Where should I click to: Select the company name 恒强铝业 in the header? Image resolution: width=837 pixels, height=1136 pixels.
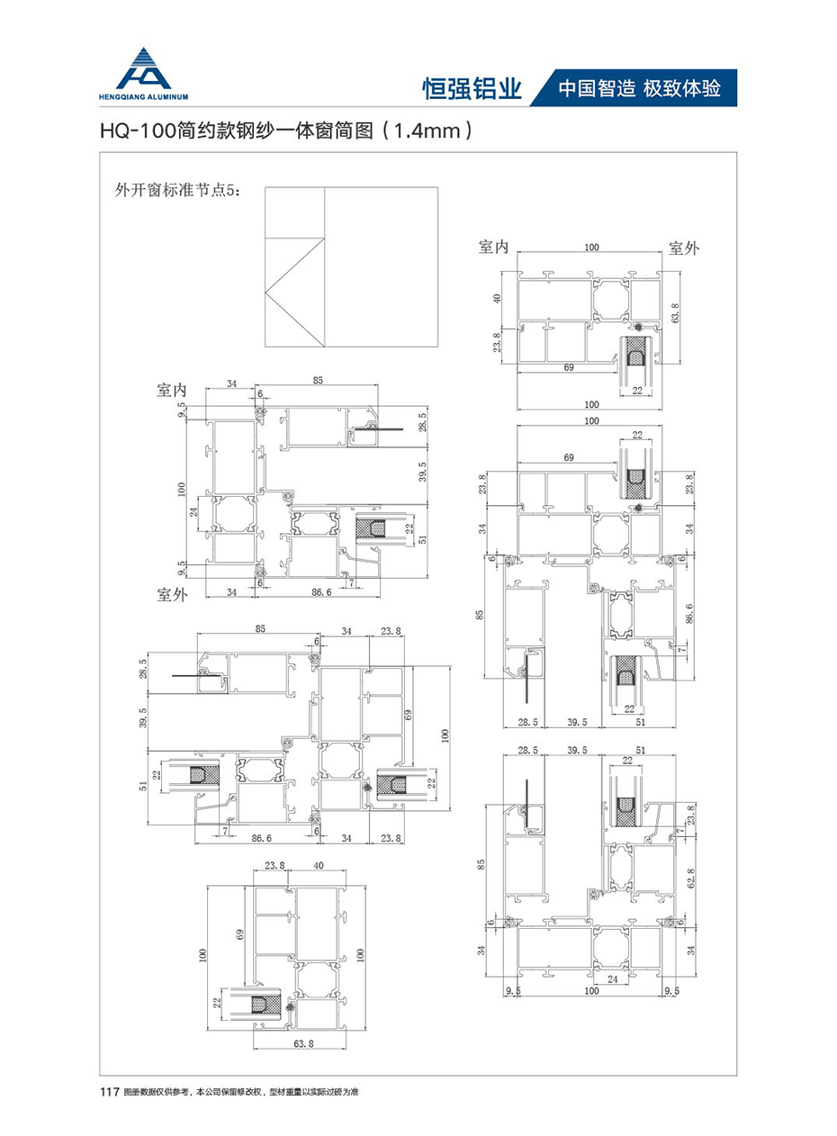pos(472,88)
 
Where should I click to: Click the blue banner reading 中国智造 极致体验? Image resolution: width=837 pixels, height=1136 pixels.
pos(639,88)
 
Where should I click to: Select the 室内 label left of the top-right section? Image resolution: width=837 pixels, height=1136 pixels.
pos(494,247)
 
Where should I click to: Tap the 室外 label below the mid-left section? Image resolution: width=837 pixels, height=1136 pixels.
pos(172,594)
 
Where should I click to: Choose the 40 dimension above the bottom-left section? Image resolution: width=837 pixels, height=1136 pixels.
pos(318,865)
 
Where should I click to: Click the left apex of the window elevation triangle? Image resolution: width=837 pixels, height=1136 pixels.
pos(265,293)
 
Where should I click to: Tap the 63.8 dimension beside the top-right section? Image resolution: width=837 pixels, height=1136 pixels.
pos(675,312)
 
